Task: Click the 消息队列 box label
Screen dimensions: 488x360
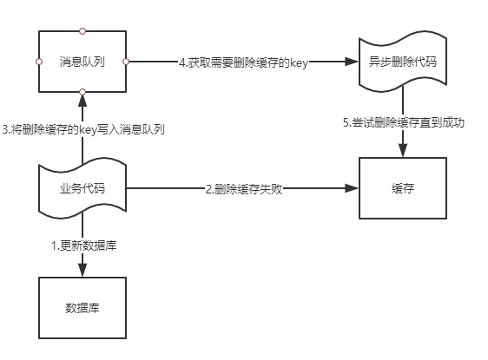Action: click(82, 62)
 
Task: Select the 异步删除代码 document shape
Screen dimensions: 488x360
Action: click(403, 62)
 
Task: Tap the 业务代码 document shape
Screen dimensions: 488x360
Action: click(82, 188)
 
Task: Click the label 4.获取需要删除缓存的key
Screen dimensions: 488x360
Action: click(243, 62)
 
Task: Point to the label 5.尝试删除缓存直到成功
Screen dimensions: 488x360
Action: click(404, 122)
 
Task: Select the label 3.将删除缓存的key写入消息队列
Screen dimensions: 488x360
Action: click(83, 129)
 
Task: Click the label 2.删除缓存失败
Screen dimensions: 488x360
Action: click(244, 189)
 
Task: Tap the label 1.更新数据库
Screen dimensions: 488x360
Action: click(84, 245)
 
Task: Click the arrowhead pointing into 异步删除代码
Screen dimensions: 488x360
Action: click(352, 62)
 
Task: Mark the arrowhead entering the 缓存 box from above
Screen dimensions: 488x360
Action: click(403, 150)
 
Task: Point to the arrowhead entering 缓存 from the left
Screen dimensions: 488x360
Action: click(352, 188)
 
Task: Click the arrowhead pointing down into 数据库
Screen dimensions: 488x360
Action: click(82, 270)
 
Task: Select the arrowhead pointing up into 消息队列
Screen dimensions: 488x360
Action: click(82, 101)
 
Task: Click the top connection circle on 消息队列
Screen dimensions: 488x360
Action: click(82, 31)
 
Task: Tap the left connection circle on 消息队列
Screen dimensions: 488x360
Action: click(39, 62)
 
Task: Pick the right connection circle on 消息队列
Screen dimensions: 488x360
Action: click(126, 62)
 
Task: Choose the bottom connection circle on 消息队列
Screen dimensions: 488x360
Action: click(82, 92)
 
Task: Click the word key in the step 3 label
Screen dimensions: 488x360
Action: click(88, 130)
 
